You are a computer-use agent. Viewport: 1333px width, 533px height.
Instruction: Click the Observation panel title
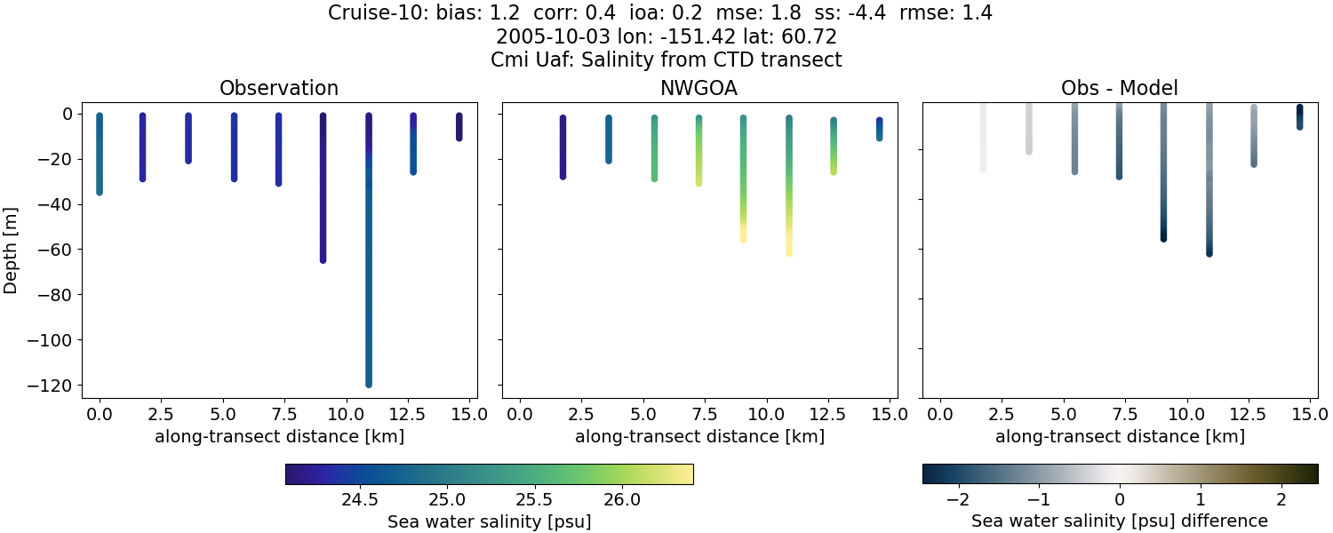click(x=279, y=89)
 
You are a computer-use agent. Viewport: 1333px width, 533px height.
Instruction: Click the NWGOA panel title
click(x=699, y=89)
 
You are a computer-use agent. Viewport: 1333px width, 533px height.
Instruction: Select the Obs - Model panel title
click(x=1120, y=89)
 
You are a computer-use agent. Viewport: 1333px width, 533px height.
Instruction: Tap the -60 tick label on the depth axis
click(x=62, y=250)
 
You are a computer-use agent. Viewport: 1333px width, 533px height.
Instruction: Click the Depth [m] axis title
click(x=12, y=250)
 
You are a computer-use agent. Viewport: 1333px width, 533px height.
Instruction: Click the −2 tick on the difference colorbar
click(x=958, y=498)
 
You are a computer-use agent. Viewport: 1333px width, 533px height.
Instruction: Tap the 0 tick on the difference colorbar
click(x=1120, y=498)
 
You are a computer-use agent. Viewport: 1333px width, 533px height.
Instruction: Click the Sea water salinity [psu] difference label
click(x=1120, y=521)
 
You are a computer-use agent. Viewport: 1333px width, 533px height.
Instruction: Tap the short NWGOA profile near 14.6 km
click(x=879, y=129)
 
